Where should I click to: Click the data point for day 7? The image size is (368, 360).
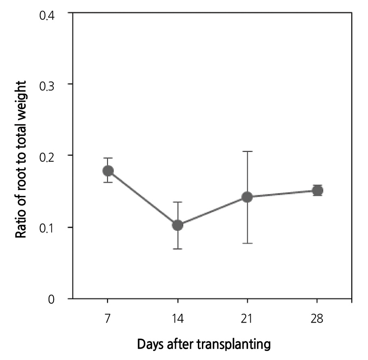[x=108, y=171]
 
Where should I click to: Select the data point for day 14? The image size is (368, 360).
[x=177, y=225]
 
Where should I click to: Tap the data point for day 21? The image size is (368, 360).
[x=247, y=197]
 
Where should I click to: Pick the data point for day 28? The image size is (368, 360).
[x=317, y=190]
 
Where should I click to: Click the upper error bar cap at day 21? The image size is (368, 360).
[x=247, y=151]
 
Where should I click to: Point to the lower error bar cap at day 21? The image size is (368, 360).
[x=247, y=243]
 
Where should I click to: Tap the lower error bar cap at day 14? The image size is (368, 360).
[x=177, y=249]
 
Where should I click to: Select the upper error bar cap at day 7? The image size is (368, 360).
[x=108, y=158]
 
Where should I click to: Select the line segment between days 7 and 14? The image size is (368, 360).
[x=142, y=198]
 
